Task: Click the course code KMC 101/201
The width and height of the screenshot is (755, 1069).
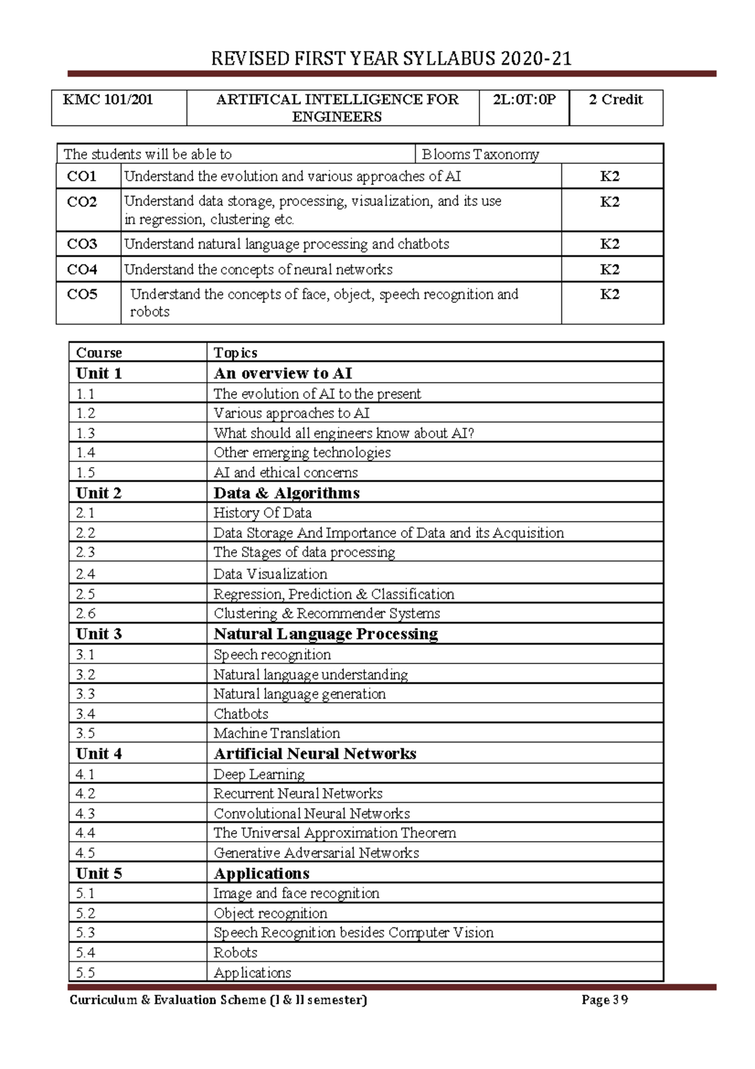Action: [x=108, y=99]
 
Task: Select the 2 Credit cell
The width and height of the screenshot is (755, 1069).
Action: [x=615, y=99]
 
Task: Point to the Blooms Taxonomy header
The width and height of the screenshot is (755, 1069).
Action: [x=480, y=154]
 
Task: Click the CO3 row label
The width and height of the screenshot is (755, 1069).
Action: [x=82, y=244]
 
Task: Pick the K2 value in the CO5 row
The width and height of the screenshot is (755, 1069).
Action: [x=610, y=295]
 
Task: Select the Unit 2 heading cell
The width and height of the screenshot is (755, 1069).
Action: [x=99, y=493]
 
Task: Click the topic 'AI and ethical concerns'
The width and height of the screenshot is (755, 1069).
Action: [x=286, y=473]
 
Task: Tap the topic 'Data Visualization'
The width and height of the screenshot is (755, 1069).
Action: [x=270, y=574]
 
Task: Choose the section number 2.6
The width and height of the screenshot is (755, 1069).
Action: [x=86, y=613]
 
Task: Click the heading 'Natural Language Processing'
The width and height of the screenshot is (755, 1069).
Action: [x=325, y=634]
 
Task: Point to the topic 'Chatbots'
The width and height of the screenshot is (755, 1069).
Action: [x=241, y=714]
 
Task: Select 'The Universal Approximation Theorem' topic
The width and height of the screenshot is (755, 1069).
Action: [x=335, y=833]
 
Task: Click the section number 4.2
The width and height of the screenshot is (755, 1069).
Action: [x=86, y=793]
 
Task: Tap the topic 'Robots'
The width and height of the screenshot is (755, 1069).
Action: [x=235, y=953]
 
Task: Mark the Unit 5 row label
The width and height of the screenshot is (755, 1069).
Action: [x=99, y=873]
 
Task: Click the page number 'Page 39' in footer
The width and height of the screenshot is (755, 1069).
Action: [x=605, y=1000]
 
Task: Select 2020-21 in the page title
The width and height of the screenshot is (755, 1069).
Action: [x=536, y=59]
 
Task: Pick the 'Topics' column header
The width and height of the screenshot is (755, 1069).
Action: [x=235, y=353]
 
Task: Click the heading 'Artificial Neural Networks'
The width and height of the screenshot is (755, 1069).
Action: [x=315, y=754]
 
